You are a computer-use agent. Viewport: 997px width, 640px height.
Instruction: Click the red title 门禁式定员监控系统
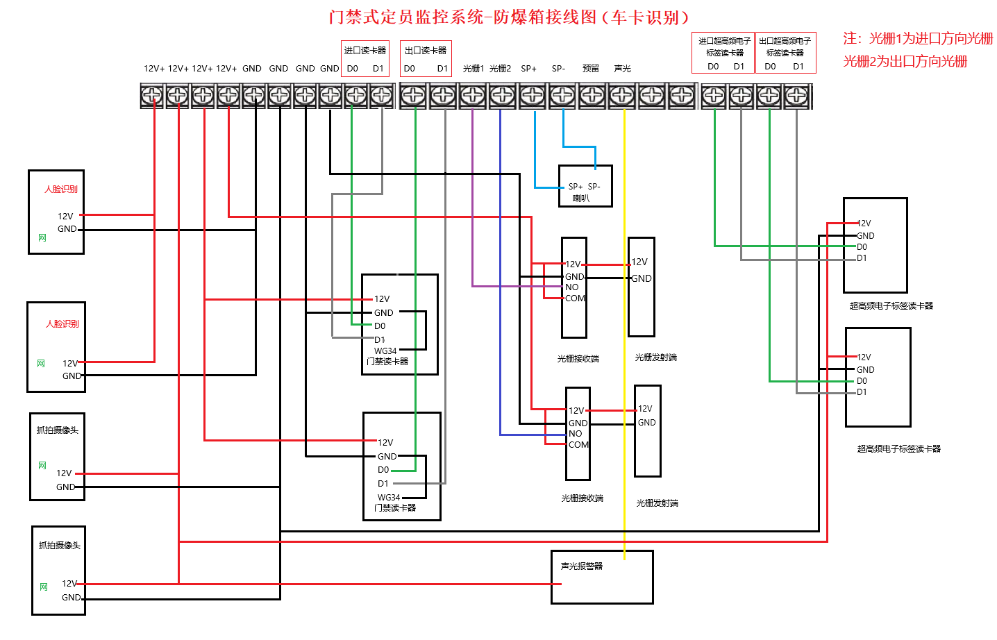(406, 17)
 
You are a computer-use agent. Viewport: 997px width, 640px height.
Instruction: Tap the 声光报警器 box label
(582, 566)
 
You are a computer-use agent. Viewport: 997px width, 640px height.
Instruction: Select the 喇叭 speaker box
(585, 186)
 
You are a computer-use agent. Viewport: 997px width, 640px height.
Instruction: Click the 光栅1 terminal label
(473, 69)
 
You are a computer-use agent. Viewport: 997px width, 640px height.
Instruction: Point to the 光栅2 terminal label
(500, 69)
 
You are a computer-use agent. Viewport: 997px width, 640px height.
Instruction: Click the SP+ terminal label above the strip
(528, 69)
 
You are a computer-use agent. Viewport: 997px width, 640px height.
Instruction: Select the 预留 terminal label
(591, 69)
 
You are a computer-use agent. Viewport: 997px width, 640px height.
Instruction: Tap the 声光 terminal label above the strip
(622, 69)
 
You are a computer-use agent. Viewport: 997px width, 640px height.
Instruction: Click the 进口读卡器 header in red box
(365, 51)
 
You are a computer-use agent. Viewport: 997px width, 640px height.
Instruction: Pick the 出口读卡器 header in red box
(426, 51)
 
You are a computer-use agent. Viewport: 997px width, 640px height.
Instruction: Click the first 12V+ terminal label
(154, 69)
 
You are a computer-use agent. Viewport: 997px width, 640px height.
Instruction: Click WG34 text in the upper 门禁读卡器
(385, 351)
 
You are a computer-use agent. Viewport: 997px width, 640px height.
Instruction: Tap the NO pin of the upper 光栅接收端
(571, 287)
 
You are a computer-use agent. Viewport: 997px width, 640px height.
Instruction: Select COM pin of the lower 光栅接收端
(578, 445)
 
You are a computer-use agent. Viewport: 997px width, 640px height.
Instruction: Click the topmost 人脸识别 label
(61, 190)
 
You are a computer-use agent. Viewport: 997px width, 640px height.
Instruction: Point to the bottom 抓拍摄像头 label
(59, 546)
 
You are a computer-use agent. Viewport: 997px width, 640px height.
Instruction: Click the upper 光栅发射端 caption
(655, 357)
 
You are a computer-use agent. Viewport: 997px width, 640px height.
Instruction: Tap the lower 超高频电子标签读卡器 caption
(898, 449)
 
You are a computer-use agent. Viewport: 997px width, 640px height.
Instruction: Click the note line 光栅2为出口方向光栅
(905, 62)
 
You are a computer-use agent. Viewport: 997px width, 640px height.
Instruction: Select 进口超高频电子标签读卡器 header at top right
(724, 47)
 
